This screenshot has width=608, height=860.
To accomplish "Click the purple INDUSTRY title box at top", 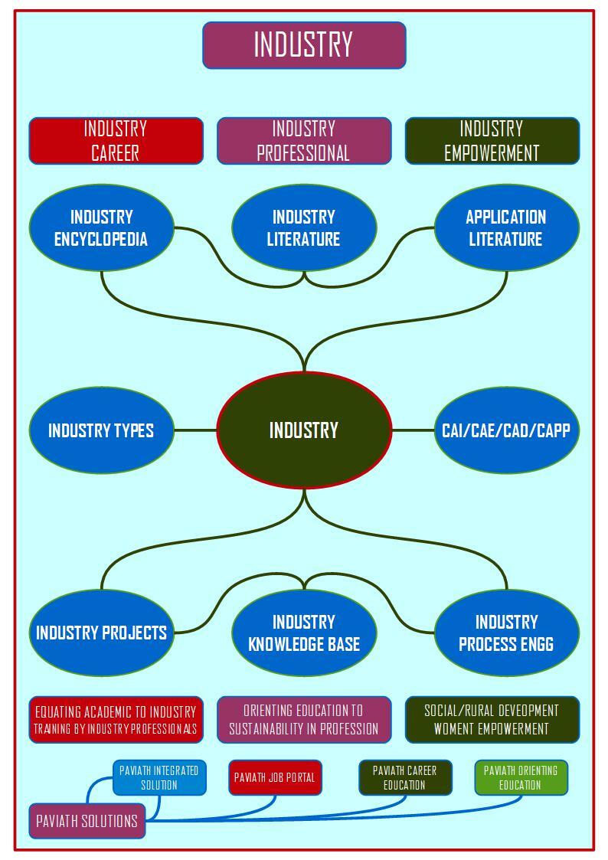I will [x=304, y=45].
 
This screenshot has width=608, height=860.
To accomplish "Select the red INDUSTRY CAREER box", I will [x=116, y=141].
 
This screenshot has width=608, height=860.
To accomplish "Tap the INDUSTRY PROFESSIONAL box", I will [x=304, y=141].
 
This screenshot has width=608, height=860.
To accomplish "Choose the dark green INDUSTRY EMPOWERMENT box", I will [x=492, y=141].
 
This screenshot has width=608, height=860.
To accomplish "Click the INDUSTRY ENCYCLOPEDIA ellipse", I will [x=101, y=227].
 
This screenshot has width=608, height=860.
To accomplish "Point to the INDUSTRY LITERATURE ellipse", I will [x=304, y=227].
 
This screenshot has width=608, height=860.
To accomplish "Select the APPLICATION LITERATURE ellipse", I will [x=506, y=227].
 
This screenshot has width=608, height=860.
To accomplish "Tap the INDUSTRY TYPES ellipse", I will [x=101, y=430].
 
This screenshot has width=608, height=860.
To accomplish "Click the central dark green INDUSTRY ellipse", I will [x=304, y=430].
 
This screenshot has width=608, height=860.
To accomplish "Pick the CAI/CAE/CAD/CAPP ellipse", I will [x=506, y=430].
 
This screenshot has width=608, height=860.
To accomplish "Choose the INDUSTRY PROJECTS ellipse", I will [x=101, y=633].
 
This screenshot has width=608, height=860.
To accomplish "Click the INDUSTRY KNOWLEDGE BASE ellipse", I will [x=304, y=633].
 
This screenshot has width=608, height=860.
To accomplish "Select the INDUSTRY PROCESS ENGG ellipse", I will [x=506, y=633].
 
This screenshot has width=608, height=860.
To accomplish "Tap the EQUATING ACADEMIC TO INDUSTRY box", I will [x=116, y=720].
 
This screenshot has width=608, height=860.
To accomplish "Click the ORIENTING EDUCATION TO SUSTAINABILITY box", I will [x=304, y=720].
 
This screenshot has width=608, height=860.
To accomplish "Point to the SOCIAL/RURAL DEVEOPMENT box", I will [x=492, y=720].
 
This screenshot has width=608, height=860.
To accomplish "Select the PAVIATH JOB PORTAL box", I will [x=275, y=777].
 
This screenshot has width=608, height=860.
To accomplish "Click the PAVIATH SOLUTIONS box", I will [x=87, y=821].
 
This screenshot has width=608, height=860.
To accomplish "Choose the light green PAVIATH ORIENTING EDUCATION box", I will [x=521, y=777].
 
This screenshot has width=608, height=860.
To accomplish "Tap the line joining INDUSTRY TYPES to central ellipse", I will [x=195, y=430].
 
